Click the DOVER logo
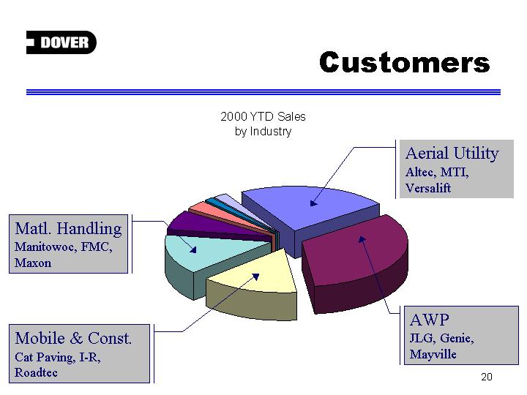61,42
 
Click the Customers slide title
404,62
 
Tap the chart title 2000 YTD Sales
263,116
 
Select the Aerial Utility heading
452,154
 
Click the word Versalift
428,188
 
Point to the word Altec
419,172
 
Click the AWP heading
429,320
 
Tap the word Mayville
433,354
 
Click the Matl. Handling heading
68,228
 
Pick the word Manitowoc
45,247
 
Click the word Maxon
33,263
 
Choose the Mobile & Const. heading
73,338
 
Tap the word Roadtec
36,372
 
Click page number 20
486,377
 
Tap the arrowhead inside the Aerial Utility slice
313,203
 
